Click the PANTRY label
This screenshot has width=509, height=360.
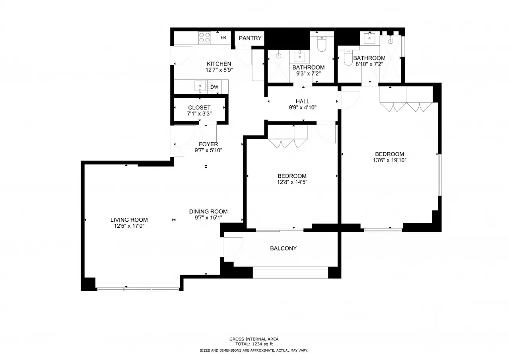click(250, 38)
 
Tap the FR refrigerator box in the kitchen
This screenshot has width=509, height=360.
click(223, 37)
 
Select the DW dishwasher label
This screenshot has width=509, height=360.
click(214, 87)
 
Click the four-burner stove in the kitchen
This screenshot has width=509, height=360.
click(204, 38)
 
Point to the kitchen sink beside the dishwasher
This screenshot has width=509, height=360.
click(200, 87)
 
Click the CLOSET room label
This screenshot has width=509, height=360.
click(199, 107)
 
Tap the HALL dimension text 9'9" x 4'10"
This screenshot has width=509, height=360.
click(303, 107)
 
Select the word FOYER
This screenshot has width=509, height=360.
click(208, 144)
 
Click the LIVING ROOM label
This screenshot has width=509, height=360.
click(129, 220)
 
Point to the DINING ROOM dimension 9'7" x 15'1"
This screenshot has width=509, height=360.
click(208, 218)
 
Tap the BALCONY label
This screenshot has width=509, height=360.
click(284, 248)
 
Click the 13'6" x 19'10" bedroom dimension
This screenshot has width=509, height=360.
click(389, 160)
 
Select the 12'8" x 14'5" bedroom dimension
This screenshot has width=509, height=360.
click(292, 182)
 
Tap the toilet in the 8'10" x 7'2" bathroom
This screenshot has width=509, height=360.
click(348, 58)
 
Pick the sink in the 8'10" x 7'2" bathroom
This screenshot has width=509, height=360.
click(369, 38)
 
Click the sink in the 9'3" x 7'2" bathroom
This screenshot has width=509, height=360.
click(299, 56)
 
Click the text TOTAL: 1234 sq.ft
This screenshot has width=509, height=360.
click(254, 344)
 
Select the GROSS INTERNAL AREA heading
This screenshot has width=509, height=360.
click(254, 339)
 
